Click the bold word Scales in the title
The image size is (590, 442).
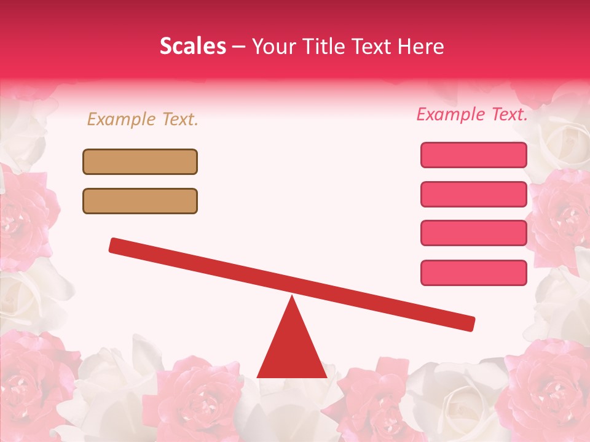[x=192, y=47]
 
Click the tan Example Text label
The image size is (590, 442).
[x=143, y=119]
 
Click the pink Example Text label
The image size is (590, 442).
[x=472, y=114]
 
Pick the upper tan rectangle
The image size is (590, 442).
[x=140, y=161]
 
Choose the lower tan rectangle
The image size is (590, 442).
[x=140, y=201]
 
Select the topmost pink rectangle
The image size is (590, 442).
[x=473, y=155]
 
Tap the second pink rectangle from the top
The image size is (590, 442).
[x=473, y=194]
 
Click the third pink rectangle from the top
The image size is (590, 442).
[x=473, y=233]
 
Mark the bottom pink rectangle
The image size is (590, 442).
[x=473, y=273]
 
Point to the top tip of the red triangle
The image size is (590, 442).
[x=292, y=297]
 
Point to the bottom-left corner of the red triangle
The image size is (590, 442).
[x=258, y=377]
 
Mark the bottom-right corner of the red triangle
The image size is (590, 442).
[x=326, y=377]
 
